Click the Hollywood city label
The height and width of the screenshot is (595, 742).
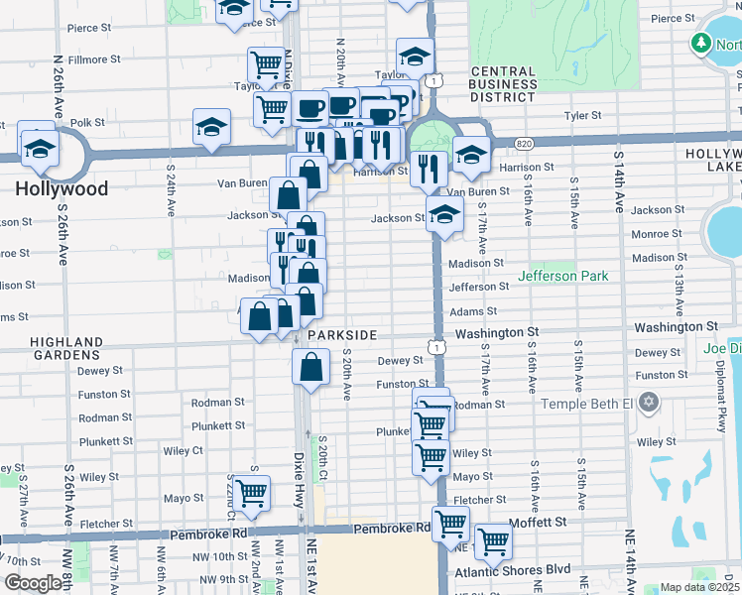pos(62,187)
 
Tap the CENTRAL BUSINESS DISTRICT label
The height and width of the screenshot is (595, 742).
pos(503,85)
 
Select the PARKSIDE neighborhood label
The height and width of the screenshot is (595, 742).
pos(342,335)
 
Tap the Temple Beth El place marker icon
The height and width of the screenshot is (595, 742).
pos(649,403)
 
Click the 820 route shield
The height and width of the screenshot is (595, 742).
pos(524,145)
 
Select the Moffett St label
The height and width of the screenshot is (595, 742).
pos(538,521)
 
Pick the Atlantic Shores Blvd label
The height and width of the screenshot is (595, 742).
pos(513,571)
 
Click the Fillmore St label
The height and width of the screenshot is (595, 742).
pos(94,59)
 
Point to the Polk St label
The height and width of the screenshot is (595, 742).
pos(87,122)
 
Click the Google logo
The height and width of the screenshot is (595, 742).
pos(34,583)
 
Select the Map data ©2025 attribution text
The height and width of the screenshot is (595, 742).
pos(700,587)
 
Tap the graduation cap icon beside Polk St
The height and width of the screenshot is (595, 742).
pos(211,126)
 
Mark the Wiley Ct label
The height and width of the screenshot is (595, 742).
pos(184,450)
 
